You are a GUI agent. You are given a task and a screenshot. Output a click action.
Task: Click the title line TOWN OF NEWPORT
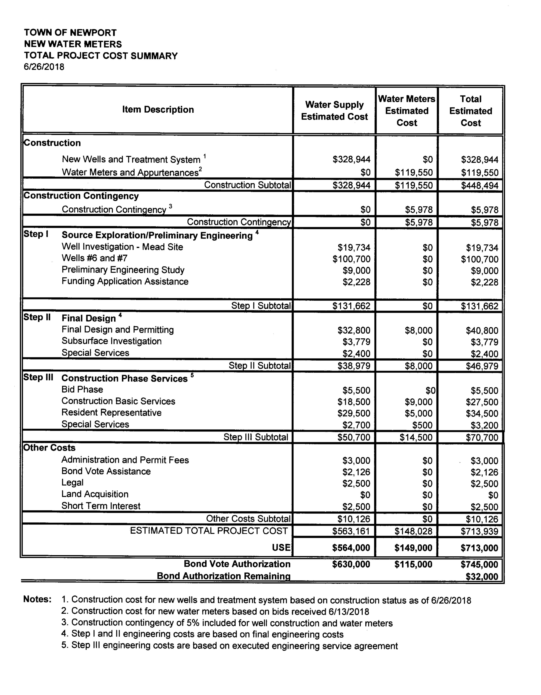tap(70, 33)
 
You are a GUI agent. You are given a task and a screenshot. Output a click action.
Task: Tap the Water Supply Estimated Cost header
tap(334, 111)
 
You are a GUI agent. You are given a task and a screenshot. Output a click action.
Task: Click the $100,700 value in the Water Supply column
tap(352, 259)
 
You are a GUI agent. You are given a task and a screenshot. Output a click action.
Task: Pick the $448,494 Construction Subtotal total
tap(480, 186)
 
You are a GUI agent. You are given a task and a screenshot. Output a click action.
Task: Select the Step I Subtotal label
tap(261, 306)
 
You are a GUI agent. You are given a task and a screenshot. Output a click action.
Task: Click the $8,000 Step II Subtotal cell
tap(419, 366)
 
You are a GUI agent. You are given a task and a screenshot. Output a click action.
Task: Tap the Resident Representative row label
tap(111, 413)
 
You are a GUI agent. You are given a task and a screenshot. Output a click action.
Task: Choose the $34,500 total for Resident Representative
tap(482, 413)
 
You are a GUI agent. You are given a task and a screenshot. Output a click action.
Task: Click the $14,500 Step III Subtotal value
tap(416, 437)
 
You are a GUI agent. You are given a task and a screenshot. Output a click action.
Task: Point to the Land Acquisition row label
tap(95, 494)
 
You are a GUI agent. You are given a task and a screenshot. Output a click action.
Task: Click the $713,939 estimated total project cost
tap(479, 531)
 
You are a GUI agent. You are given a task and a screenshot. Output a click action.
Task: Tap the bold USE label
tap(281, 548)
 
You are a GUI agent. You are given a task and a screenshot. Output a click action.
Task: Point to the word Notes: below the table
tap(37, 599)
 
